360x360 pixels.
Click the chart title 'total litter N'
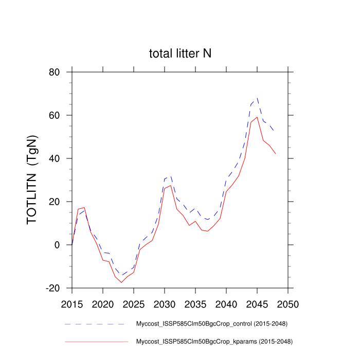click(x=180, y=53)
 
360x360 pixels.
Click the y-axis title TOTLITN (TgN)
click(x=32, y=180)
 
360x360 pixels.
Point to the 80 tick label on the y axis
click(x=58, y=72)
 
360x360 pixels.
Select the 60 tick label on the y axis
click(x=58, y=115)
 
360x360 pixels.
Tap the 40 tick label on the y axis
click(x=58, y=158)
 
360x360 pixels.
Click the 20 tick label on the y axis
click(x=58, y=202)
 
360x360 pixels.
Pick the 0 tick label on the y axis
click(x=61, y=245)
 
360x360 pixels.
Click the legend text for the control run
click(x=211, y=324)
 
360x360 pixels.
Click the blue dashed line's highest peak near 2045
click(x=257, y=98)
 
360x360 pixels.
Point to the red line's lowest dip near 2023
click(x=121, y=282)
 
